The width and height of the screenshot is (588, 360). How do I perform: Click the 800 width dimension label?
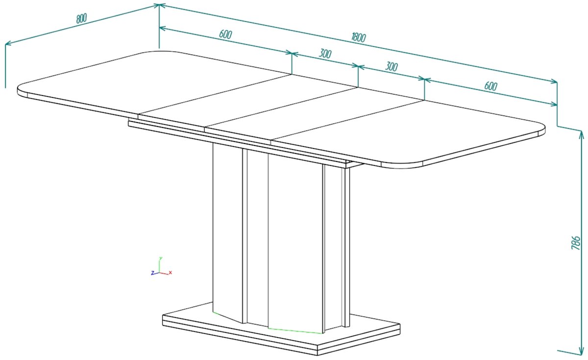tap(81, 19)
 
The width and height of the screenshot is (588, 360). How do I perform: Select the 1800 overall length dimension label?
tap(359, 38)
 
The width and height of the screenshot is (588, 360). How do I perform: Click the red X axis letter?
tap(171, 273)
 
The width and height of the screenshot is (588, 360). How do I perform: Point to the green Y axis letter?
tap(161, 258)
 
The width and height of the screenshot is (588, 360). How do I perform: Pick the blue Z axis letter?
tap(152, 273)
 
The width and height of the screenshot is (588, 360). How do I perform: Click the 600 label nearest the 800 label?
tap(225, 34)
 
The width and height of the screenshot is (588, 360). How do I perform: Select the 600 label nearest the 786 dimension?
tap(490, 86)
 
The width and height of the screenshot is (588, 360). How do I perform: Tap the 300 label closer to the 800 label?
tap(325, 53)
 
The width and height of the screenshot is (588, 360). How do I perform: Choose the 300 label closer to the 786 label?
tap(391, 67)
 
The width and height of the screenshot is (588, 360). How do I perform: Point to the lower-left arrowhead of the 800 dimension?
tap(8, 43)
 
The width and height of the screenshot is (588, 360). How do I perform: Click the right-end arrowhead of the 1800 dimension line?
tap(554, 82)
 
